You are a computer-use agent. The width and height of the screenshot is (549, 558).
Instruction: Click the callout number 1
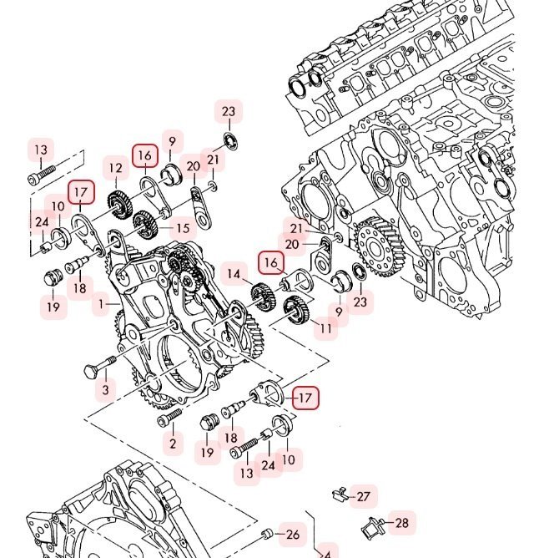[101, 304]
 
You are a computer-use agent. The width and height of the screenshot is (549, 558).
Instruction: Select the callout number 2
[173, 444]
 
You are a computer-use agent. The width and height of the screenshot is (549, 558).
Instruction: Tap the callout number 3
[105, 389]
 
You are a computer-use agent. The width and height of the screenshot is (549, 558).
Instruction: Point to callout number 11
[326, 328]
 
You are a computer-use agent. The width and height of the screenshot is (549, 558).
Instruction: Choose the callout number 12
[115, 168]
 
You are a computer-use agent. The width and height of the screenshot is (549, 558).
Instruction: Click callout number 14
[234, 274]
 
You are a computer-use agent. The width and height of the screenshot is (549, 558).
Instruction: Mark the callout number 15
[183, 228]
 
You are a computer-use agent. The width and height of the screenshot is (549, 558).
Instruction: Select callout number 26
[293, 535]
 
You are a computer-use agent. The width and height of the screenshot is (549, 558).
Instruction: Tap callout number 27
[363, 496]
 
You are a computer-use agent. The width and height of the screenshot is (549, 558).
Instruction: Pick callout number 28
[402, 523]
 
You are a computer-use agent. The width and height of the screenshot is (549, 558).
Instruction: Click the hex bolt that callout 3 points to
[100, 366]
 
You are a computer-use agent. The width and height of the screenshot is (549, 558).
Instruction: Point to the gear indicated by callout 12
[119, 206]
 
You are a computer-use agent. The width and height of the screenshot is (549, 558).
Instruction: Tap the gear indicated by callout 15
[144, 225]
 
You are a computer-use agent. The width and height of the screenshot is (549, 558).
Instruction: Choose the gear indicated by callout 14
[264, 297]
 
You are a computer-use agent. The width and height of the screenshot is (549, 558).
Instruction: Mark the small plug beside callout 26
[266, 533]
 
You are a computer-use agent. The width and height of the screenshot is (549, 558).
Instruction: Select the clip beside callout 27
[340, 495]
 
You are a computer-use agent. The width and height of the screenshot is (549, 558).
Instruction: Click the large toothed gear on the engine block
[379, 246]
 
